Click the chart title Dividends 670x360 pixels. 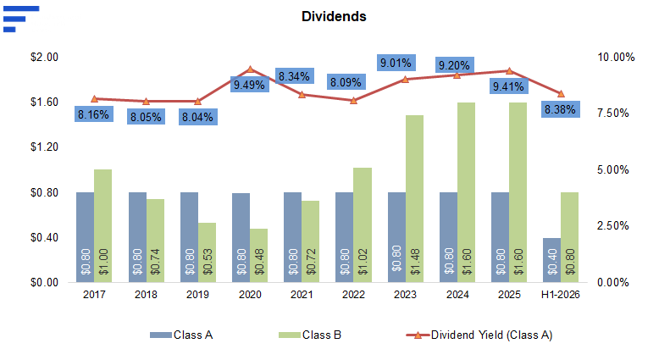(334, 16)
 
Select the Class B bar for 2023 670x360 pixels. (414, 199)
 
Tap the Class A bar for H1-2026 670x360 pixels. (551, 260)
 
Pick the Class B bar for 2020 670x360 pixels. (258, 255)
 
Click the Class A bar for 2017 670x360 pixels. (85, 237)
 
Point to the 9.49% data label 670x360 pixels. (250, 84)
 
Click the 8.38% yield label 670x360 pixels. (560, 109)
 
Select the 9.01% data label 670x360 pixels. (396, 63)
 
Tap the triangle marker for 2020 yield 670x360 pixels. (251, 69)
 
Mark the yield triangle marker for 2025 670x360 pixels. (509, 71)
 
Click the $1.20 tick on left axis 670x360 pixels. (44, 147)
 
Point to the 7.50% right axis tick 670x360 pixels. (613, 114)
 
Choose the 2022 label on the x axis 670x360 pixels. (353, 295)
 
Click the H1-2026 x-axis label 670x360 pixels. (560, 295)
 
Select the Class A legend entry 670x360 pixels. (181, 335)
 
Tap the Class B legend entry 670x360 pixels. (310, 335)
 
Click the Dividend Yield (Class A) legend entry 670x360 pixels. (479, 335)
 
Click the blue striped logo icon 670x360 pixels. (21, 19)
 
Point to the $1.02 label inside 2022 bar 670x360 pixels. (363, 261)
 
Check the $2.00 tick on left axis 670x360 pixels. (44, 58)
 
